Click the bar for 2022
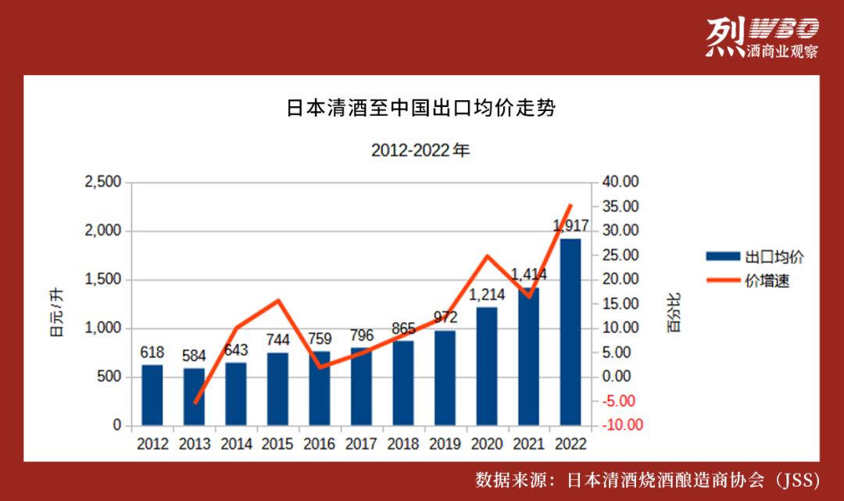coord(570,332)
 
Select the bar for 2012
coord(152,395)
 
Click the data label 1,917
coord(570,227)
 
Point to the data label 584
coord(194,356)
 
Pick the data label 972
coord(445,317)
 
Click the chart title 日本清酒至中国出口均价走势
coord(421,109)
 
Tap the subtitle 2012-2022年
coord(421,150)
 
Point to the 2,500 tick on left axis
coord(103,182)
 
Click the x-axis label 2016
coord(320,444)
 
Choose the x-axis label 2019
coord(445,444)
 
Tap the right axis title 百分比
coord(674,313)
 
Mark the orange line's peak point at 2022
coord(570,205)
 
